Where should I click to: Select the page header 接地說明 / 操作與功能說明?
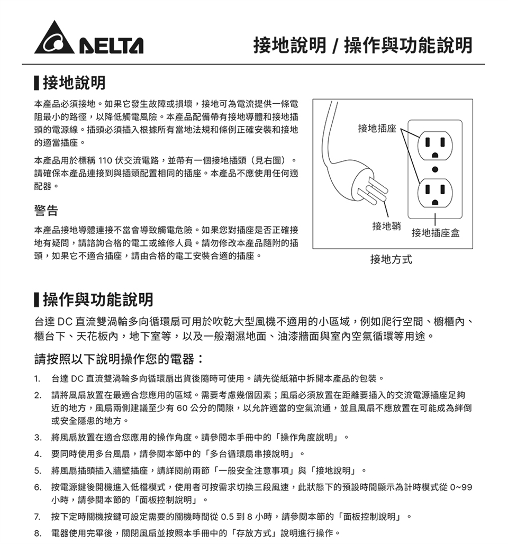[x=362, y=46]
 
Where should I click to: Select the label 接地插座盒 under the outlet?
[x=436, y=233]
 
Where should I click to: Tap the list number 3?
[x=37, y=438]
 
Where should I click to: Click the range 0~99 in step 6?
[x=460, y=487]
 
